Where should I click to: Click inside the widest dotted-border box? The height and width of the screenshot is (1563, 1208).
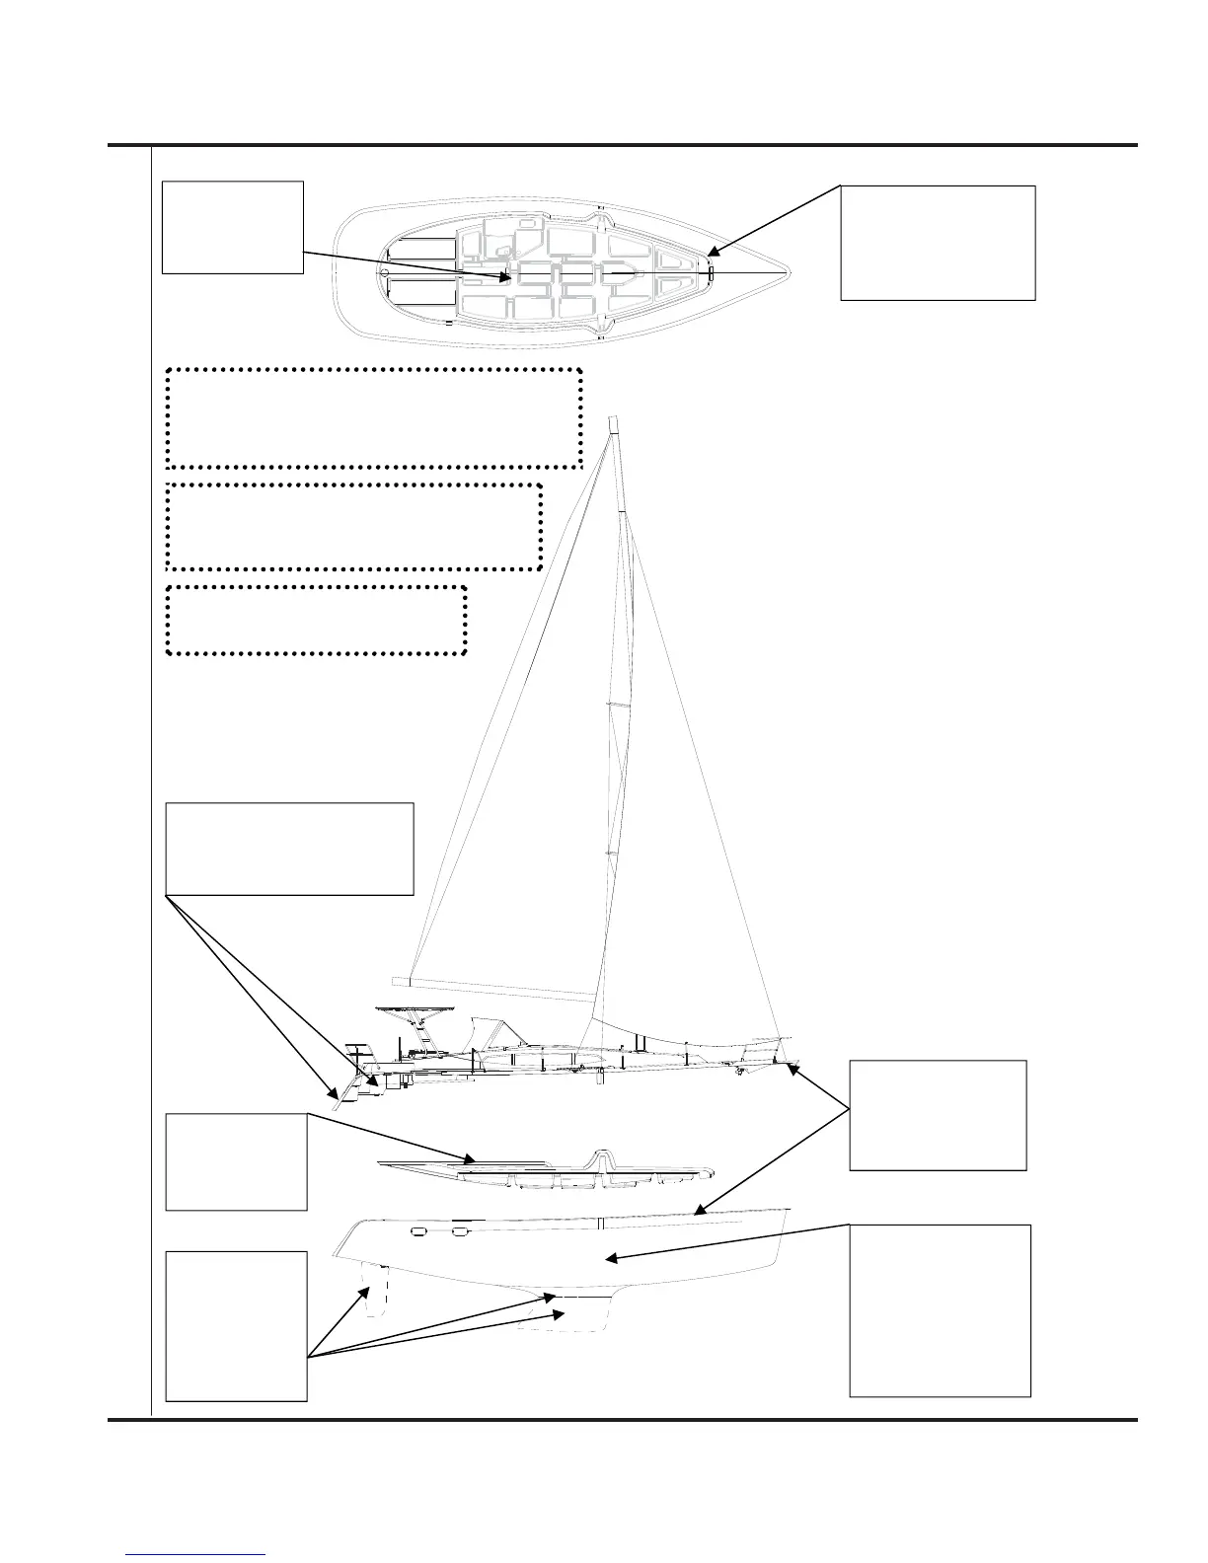pyautogui.click(x=374, y=417)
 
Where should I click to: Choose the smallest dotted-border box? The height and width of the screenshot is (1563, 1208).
pyautogui.click(x=316, y=620)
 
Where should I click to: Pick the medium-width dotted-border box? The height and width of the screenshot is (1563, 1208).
pyautogui.click(x=354, y=526)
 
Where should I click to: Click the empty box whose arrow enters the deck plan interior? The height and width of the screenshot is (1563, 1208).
pyautogui.click(x=232, y=226)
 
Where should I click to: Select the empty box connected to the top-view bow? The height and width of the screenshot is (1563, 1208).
pyautogui.click(x=937, y=242)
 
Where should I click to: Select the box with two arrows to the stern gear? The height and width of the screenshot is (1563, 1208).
pyautogui.click(x=289, y=849)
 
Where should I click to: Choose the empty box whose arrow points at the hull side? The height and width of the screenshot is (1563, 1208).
pyautogui.click(x=940, y=1309)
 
